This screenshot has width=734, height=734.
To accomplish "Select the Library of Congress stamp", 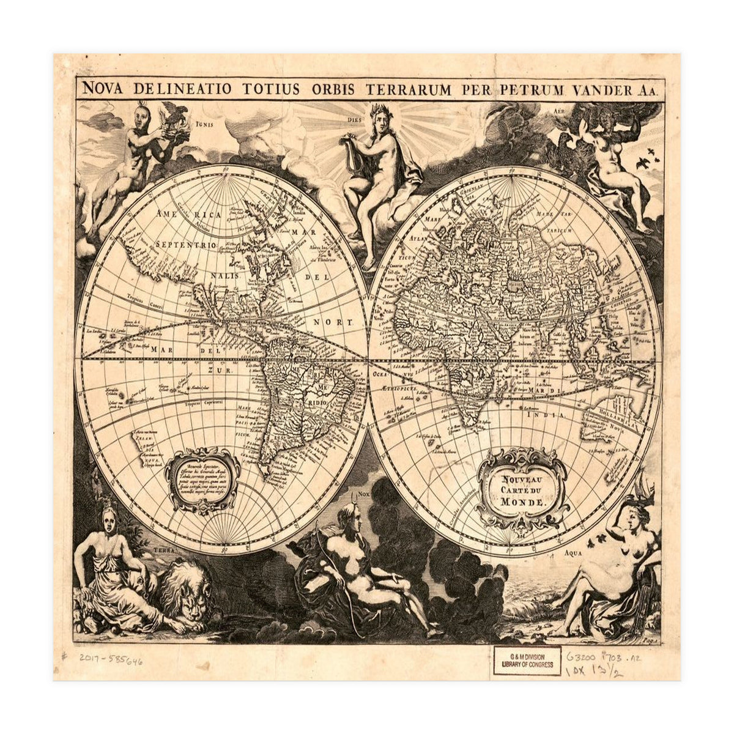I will click(x=527, y=661).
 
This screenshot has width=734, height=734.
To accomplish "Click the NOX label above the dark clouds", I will click(x=365, y=494).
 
